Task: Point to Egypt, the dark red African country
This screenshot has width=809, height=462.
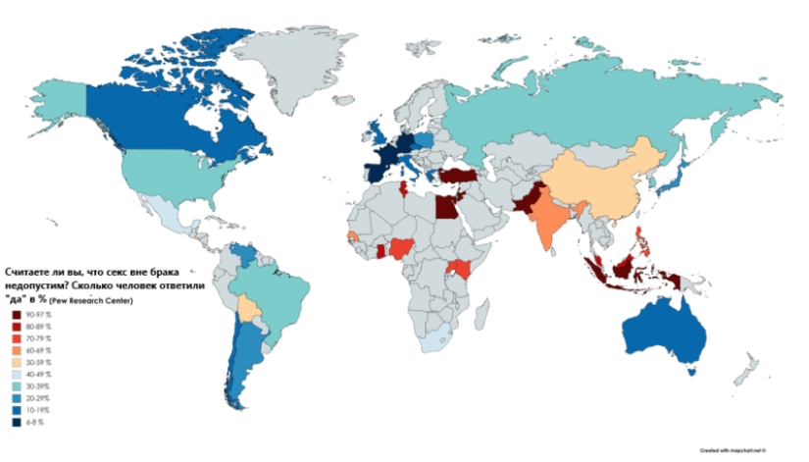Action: (445, 207)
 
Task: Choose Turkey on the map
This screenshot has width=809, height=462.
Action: (456, 175)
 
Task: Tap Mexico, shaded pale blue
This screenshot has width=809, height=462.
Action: (167, 216)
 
